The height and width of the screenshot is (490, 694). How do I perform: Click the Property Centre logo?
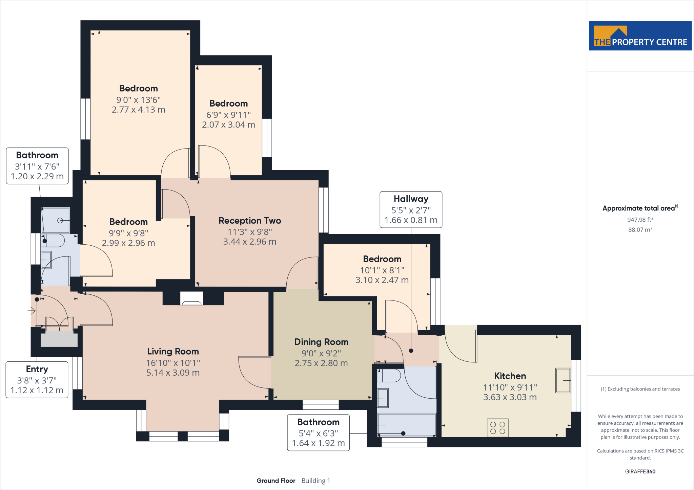pos(640,36)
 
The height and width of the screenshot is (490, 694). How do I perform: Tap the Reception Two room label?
pos(250,221)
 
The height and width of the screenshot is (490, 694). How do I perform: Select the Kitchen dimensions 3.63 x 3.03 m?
pos(510,397)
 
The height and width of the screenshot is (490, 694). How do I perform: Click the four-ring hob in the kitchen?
pos(497,428)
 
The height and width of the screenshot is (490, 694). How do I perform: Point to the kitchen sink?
pos(563,381)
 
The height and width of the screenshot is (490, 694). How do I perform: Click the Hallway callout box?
pos(411,209)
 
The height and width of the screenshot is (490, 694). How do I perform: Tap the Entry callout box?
pos(37,380)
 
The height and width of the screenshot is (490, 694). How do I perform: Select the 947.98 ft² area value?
pos(640,220)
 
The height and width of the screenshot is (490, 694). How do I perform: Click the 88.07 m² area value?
pos(640,229)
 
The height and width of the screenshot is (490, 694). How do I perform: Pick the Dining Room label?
pos(321,342)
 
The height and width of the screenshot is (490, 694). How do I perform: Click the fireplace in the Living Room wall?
pos(192,298)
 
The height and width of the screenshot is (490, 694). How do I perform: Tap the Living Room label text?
pos(173,351)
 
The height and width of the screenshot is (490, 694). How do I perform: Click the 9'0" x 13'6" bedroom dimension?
pos(138,100)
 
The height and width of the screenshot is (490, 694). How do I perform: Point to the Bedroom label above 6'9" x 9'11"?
pos(228,104)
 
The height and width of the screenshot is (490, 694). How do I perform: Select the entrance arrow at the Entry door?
pos(32,310)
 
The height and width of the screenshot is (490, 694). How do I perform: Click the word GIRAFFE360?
pos(640,471)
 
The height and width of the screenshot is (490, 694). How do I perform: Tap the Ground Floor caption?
pos(276,481)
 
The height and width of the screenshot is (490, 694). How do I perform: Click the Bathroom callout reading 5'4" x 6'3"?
pos(318,433)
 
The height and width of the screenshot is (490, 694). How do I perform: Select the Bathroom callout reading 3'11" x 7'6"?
pos(37,166)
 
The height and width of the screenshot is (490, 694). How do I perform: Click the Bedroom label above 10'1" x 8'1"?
pos(382,259)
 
